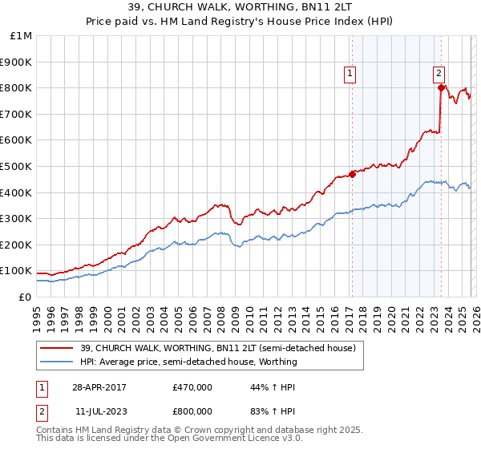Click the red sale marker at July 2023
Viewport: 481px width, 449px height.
(440, 88)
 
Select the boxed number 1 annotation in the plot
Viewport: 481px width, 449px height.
(350, 75)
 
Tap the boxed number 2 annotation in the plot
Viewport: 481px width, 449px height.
(439, 75)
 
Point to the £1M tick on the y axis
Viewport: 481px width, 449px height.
(22, 36)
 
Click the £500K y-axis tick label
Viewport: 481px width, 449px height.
(17, 167)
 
